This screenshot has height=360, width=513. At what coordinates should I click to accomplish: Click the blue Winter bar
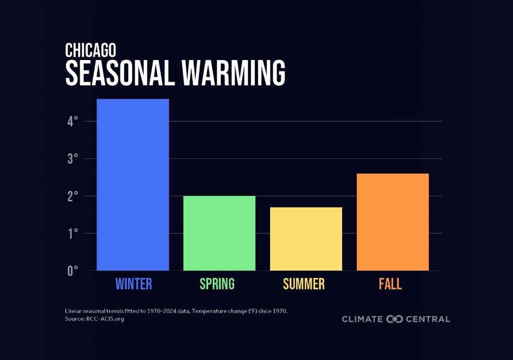pos(133,185)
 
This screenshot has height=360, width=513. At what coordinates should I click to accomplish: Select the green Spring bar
pos(219,233)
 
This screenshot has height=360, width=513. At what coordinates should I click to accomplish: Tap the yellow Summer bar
pos(306,239)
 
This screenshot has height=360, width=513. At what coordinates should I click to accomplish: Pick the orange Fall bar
pos(393,222)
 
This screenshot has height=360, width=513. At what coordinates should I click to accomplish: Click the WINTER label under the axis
pos(133,284)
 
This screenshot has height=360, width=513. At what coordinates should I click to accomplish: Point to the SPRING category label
pos(217,284)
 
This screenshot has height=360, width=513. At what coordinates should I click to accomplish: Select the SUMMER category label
pos(304,284)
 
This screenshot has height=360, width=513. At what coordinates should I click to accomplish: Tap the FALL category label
pos(390,284)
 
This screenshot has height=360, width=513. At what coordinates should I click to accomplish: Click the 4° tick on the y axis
pos(73,121)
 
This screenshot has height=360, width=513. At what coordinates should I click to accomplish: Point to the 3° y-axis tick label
pos(73,159)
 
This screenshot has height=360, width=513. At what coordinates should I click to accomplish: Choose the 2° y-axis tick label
pos(73,196)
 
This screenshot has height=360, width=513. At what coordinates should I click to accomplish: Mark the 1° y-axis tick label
pos(73,233)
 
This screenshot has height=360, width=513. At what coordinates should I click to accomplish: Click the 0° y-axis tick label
pos(73,271)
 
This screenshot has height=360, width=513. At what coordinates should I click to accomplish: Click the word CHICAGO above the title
pos(90,50)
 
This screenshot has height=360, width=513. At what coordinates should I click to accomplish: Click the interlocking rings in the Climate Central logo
pos(394,319)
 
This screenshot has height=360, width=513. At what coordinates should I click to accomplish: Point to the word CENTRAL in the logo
pos(428,319)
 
